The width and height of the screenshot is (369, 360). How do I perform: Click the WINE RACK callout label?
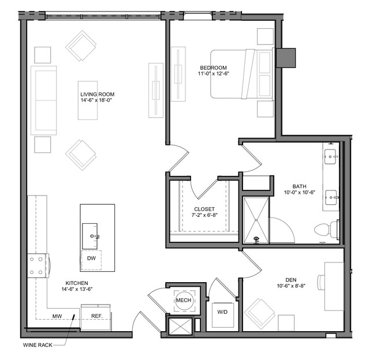tap(38, 345)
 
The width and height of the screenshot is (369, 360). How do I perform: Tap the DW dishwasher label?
tap(91, 258)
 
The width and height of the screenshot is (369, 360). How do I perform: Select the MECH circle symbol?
tap(184, 300)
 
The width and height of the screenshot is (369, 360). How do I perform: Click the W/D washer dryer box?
tap(223, 315)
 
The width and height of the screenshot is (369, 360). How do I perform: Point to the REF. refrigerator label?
tap(97, 316)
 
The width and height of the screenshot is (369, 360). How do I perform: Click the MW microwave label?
tap(57, 316)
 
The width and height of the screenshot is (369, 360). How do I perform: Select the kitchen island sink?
tap(90, 237)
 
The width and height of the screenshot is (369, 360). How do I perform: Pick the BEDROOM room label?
tap(214, 67)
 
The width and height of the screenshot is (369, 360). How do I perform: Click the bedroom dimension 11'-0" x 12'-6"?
tap(214, 74)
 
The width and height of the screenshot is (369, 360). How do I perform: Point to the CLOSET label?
tap(204, 209)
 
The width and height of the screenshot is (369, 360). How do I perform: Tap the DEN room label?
tap(291, 280)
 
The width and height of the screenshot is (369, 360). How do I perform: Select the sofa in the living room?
tap(44, 100)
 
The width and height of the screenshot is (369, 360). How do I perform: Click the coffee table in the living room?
tap(88, 100)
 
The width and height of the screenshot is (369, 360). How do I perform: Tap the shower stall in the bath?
tap(256, 220)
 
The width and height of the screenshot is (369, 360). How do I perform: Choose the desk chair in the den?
tap(321, 282)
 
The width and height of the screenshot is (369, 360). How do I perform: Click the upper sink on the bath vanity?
tap(330, 156)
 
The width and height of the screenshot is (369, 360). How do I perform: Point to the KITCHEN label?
tap(77, 283)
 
